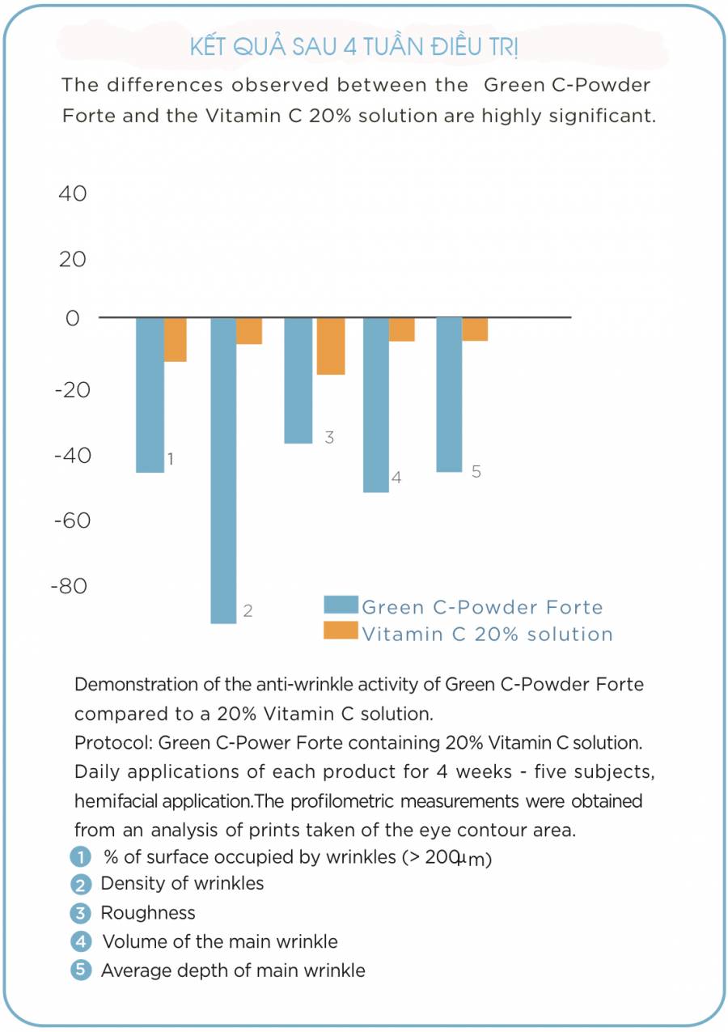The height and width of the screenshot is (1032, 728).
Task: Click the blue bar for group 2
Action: point(223,470)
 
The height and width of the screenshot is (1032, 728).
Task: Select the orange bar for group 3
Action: point(331,346)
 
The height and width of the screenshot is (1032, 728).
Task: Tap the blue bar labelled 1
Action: point(150,395)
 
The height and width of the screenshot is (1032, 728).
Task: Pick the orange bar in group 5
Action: point(475,329)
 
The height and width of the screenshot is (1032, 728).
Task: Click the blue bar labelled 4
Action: point(376,405)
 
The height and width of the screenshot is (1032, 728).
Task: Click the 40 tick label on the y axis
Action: point(72,193)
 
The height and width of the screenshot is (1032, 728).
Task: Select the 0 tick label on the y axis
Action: point(73,318)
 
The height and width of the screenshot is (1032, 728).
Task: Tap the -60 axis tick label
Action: point(72,520)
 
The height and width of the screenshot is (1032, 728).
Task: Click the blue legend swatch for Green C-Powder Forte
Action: point(341,605)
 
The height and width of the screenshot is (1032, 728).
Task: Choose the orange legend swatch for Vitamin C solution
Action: point(341,631)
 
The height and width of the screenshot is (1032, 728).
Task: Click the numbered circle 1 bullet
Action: point(81,857)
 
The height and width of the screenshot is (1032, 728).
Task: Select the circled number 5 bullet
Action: point(81,970)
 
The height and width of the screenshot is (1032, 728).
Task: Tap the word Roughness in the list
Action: point(148,913)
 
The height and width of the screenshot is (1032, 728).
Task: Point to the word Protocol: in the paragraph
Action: point(113,743)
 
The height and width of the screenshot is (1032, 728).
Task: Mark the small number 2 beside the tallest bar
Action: point(248,611)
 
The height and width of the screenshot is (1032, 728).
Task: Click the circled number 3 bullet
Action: point(81,913)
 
